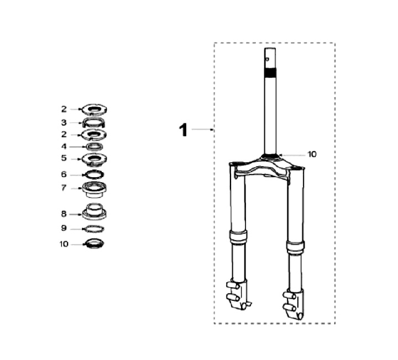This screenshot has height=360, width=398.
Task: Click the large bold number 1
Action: (184, 130)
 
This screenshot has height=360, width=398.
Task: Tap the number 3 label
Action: (64, 123)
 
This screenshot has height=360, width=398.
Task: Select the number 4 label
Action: (64, 146)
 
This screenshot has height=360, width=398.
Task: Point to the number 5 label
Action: (64, 158)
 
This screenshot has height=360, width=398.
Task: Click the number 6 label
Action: (64, 174)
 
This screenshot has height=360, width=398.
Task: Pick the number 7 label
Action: (64, 188)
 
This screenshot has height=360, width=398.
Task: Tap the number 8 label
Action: (64, 214)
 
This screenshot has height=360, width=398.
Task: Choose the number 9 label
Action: (64, 228)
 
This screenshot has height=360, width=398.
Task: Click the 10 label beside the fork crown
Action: (312, 154)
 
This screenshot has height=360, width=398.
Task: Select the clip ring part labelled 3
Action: (93, 123)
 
